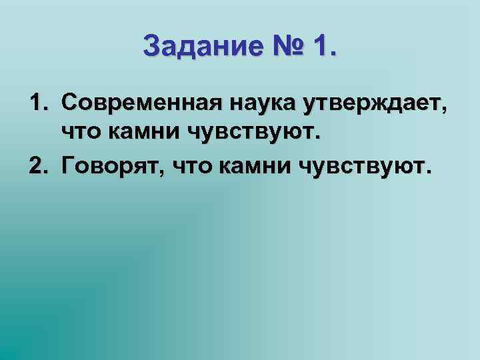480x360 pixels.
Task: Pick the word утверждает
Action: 368,104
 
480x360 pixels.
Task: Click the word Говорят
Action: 111,167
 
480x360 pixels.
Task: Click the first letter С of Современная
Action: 68,104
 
